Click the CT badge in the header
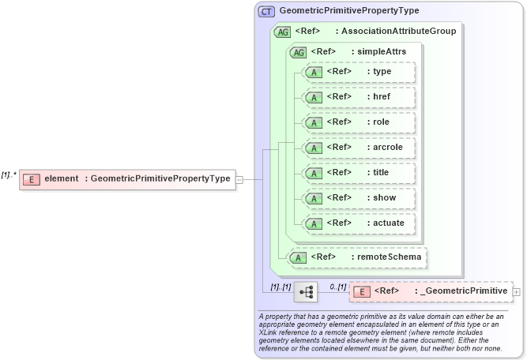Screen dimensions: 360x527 [x=266, y=11]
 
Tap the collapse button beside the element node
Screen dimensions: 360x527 [x=239, y=179]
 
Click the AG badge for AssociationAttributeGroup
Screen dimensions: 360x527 [x=280, y=32]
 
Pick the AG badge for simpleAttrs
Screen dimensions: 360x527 [x=298, y=52]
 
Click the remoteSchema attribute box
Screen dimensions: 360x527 [x=356, y=257]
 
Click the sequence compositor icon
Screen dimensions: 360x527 [x=305, y=292]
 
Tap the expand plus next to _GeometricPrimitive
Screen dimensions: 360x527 [x=517, y=291]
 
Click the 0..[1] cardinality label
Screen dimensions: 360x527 [x=337, y=286]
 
